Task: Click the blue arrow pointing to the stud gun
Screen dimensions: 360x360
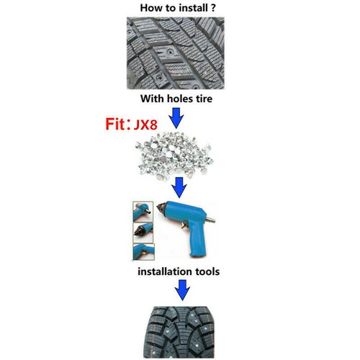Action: [180, 189]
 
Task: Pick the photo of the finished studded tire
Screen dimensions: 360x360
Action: [180, 331]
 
